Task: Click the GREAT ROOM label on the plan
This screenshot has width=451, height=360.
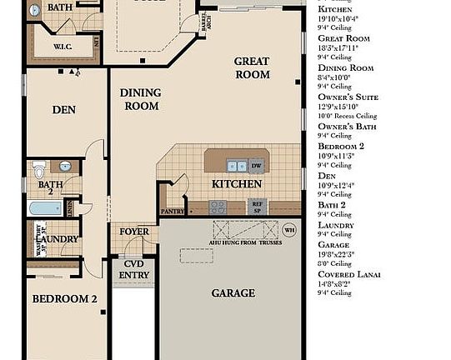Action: pos(251,67)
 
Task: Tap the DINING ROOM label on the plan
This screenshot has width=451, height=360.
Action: pos(141,100)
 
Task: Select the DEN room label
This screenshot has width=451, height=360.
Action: pos(64,109)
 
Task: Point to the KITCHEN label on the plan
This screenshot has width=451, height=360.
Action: pos(231,183)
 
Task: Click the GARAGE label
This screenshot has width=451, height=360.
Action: pos(233,292)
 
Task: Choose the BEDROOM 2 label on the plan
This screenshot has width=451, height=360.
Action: pos(64,298)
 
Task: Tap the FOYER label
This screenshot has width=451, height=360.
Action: pos(134,232)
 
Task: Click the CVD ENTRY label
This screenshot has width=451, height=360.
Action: pos(134,269)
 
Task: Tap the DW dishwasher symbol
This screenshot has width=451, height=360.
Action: pos(257,164)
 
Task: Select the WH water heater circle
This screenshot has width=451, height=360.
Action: pos(289,229)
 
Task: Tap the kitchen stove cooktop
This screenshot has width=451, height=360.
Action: pos(218,207)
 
